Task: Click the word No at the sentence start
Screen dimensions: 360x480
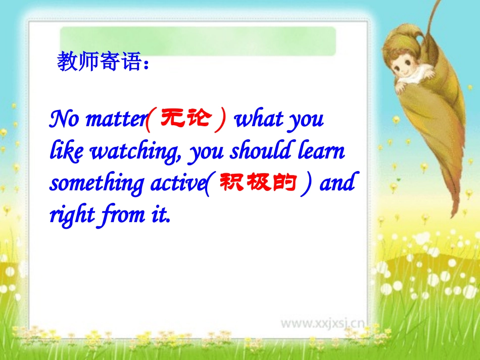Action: (65, 120)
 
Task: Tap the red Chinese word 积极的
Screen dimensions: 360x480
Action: (257, 183)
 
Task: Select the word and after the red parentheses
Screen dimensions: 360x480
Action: (337, 183)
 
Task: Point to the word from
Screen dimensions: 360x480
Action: (122, 216)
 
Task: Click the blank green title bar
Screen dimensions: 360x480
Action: (198, 41)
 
